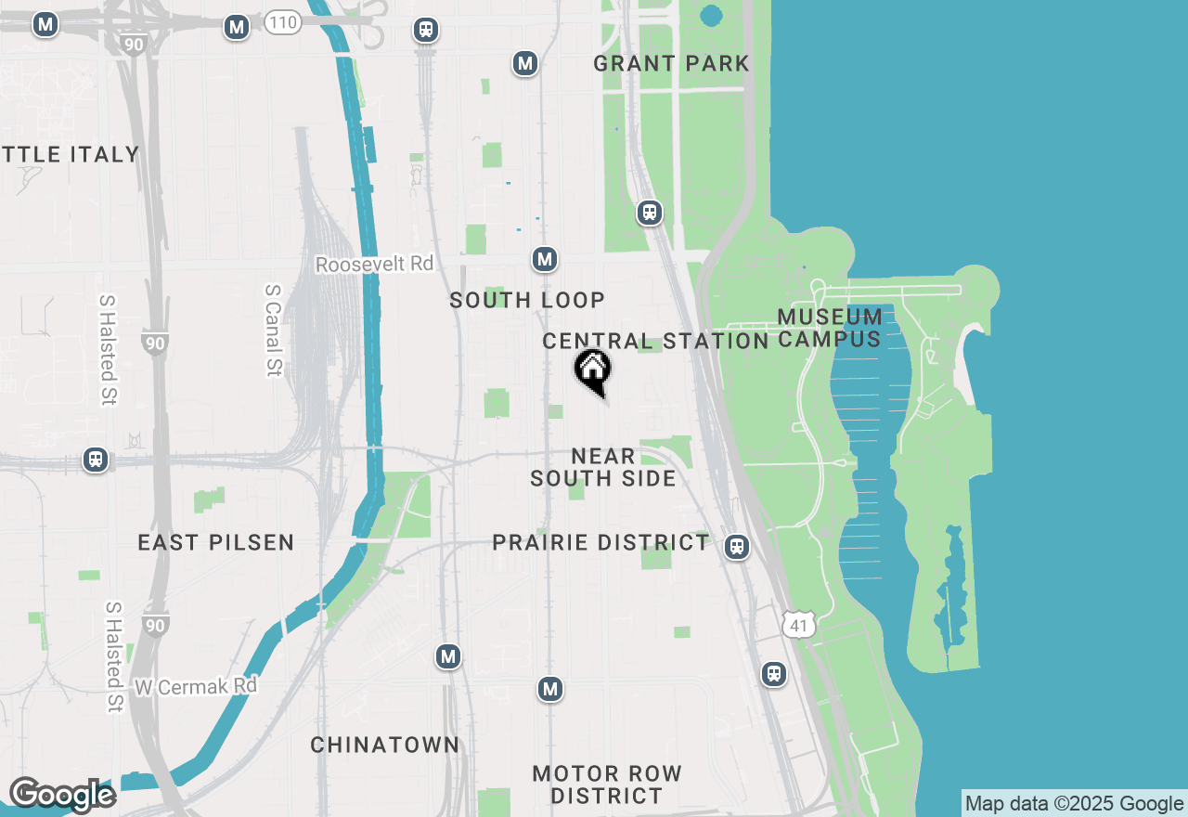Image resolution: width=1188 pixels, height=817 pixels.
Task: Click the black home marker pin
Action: pyautogui.click(x=592, y=370)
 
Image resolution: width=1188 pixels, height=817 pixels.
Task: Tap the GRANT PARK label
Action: pyautogui.click(x=671, y=64)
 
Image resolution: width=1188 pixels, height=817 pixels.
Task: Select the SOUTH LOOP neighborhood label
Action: pyautogui.click(x=527, y=300)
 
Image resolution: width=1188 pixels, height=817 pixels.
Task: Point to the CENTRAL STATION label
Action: pyautogui.click(x=655, y=341)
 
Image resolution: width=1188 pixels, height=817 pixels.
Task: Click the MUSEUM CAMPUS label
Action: pyautogui.click(x=830, y=328)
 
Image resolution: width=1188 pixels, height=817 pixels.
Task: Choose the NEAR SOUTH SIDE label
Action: pyautogui.click(x=603, y=467)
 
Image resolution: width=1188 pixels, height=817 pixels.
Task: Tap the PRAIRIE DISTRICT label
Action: pyautogui.click(x=600, y=542)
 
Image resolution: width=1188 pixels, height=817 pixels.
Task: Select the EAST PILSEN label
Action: pyautogui.click(x=215, y=542)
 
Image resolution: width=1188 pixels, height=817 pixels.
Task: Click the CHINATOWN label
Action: pyautogui.click(x=384, y=745)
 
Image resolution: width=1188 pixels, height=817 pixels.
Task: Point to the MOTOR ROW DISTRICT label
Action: pyautogui.click(x=607, y=785)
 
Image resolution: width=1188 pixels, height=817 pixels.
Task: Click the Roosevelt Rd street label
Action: pyautogui.click(x=374, y=265)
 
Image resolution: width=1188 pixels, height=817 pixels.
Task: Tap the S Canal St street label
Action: pyautogui.click(x=273, y=330)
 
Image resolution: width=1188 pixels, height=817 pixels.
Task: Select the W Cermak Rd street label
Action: pyautogui.click(x=195, y=687)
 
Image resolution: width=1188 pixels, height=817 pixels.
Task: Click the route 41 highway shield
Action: pyautogui.click(x=798, y=624)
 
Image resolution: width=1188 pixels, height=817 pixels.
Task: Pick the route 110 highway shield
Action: pyautogui.click(x=282, y=22)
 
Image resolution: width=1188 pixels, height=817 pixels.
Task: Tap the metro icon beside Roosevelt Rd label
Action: pyautogui.click(x=545, y=260)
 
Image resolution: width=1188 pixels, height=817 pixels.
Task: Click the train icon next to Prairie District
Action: pyautogui.click(x=737, y=547)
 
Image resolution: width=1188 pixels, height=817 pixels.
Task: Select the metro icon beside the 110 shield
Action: pyautogui.click(x=237, y=28)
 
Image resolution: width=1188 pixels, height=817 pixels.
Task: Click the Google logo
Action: pyautogui.click(x=62, y=795)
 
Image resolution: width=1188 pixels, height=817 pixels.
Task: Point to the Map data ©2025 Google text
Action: pyautogui.click(x=1074, y=804)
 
